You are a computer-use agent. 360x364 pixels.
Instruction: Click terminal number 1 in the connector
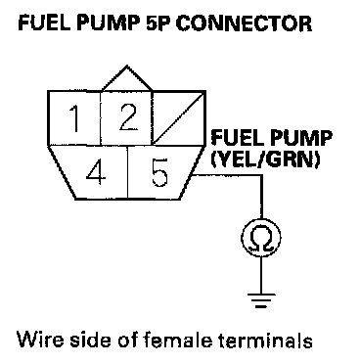74,118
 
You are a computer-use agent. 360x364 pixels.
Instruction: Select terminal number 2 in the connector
126,118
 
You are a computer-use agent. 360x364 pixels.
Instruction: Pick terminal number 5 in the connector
159,172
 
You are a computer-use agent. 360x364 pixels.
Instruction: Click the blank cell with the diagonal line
179,118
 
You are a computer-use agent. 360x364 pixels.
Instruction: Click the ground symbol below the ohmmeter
261,300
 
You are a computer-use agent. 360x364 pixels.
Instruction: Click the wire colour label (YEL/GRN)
265,159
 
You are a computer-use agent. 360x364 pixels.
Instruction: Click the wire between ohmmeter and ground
261,275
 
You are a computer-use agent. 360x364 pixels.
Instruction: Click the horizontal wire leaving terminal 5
227,175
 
